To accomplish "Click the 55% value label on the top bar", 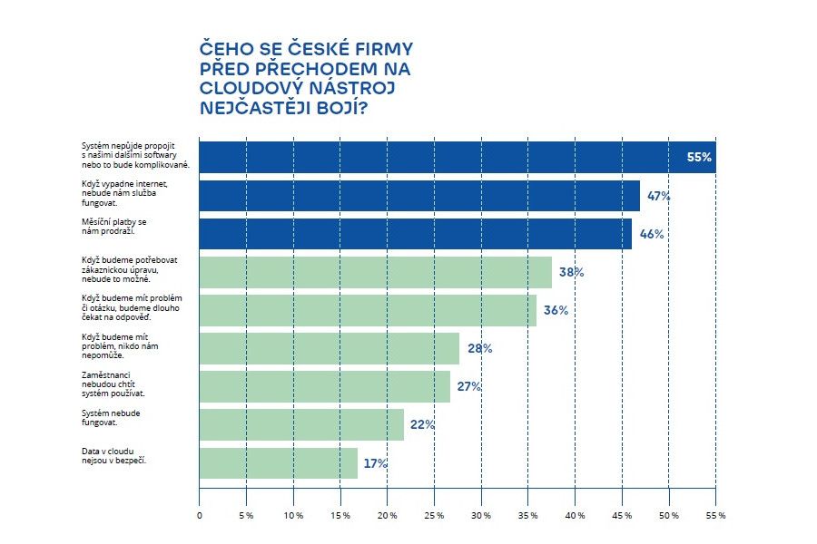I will (699, 158).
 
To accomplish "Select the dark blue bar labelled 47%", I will (418, 196).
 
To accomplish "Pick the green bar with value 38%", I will (375, 272).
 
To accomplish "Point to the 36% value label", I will (556, 310).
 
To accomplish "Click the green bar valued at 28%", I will (329, 348).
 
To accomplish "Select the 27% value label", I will (468, 386).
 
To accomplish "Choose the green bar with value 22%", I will (300, 424).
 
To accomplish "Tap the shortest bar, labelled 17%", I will (278, 462).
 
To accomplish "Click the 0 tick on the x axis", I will (200, 516).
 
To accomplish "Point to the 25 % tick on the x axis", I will (434, 516).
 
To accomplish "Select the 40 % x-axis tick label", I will (575, 516).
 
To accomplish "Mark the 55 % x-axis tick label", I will (715, 516).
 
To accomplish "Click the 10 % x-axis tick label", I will (293, 516).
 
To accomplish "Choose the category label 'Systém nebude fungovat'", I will (110, 418).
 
